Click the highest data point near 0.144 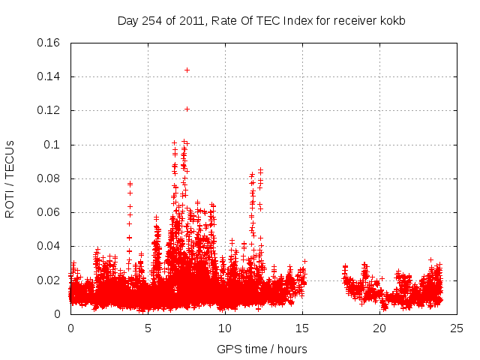coord(187,70)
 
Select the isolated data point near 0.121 coord(187,109)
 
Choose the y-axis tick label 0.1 coord(52,145)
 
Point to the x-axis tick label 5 coord(148,328)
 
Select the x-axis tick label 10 coord(225,328)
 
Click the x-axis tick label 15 coord(302,328)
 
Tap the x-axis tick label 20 coord(379,328)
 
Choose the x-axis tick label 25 coord(457,328)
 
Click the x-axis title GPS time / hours coord(262,349)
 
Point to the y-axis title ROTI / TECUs coord(10,178)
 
